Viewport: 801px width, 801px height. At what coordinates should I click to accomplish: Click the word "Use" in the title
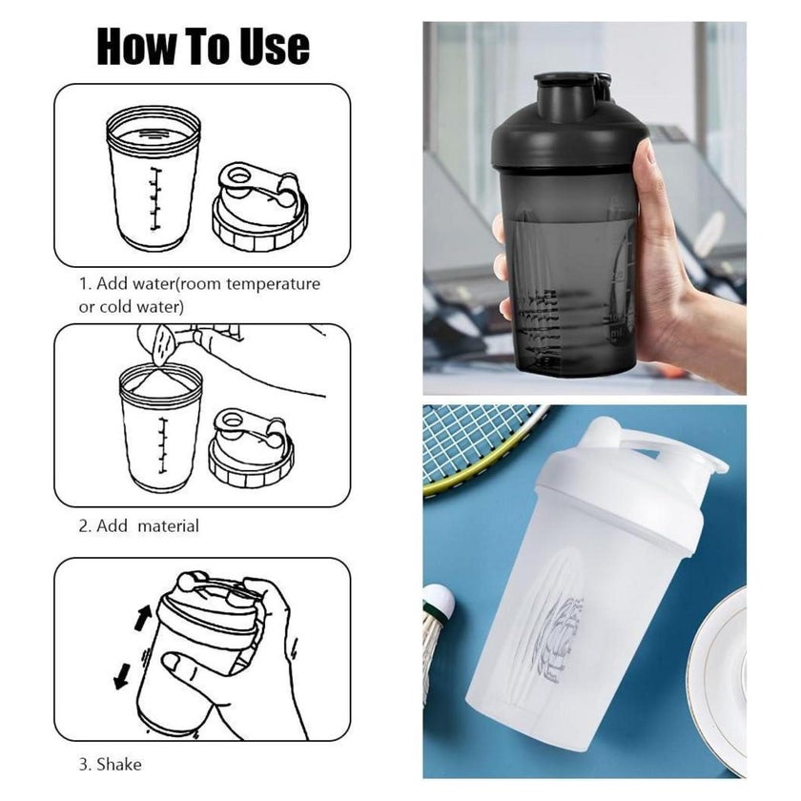(x=275, y=46)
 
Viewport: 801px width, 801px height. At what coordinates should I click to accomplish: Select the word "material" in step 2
(x=168, y=525)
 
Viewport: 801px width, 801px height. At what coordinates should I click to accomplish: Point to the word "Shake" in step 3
(x=119, y=764)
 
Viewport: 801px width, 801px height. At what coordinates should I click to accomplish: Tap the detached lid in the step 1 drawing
(x=259, y=206)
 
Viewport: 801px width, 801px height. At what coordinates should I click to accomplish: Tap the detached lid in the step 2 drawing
(x=251, y=447)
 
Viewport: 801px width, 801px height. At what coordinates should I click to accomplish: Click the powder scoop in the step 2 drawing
(x=162, y=343)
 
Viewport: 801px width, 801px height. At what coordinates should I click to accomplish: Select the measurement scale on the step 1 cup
(x=154, y=198)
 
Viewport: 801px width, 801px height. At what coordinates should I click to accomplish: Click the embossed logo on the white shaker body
(x=557, y=639)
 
